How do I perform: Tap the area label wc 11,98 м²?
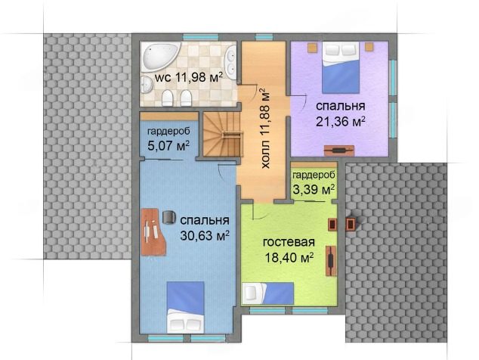click(x=188, y=78)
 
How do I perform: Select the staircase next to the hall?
click(x=222, y=135)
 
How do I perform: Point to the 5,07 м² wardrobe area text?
click(x=168, y=146)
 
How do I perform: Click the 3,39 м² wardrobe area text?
click(x=314, y=190)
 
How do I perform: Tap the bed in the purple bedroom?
click(x=341, y=67)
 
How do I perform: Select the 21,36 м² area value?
click(x=341, y=122)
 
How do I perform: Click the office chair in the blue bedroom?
click(x=169, y=217)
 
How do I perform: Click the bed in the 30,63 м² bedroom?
click(x=185, y=307)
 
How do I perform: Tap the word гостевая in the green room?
click(x=289, y=242)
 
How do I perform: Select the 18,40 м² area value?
click(x=289, y=258)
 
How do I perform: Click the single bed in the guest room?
click(x=268, y=293)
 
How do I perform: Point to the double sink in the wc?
click(x=231, y=63)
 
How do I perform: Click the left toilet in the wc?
click(x=168, y=98)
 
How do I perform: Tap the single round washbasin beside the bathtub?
click(x=147, y=84)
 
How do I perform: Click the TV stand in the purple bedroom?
click(x=339, y=151)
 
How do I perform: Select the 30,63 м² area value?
click(x=205, y=235)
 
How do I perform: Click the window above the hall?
click(x=264, y=37)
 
